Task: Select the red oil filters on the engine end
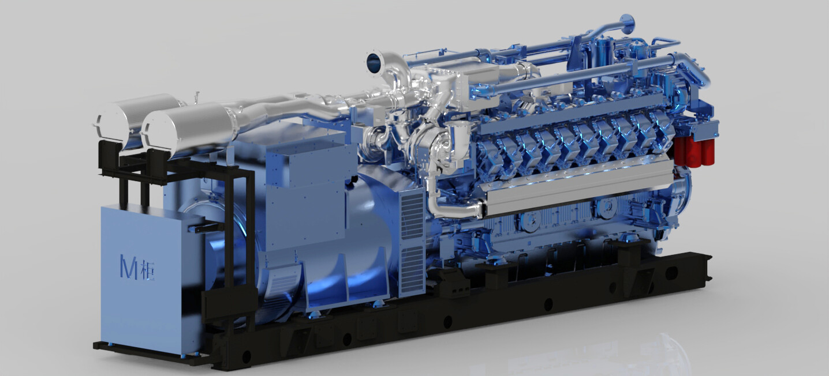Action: [694, 152]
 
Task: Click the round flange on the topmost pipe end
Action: [628, 24]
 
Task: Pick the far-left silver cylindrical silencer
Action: [136, 116]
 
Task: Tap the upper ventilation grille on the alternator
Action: [412, 214]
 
